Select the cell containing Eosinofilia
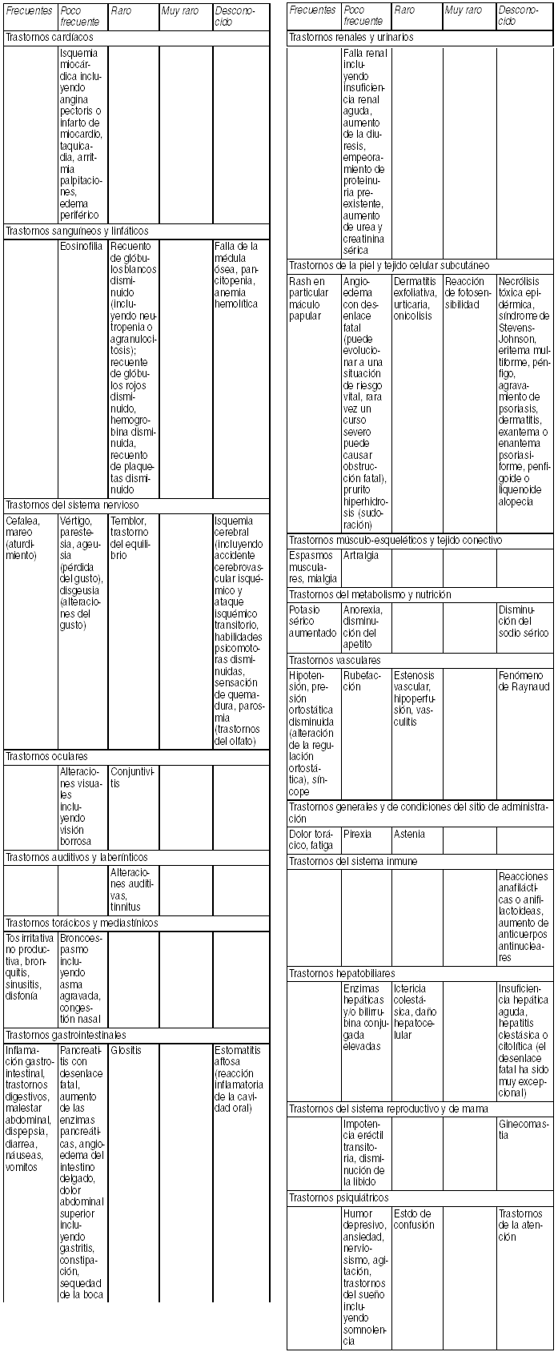(81, 247)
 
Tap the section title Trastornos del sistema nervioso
(72, 505)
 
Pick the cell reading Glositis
(126, 1050)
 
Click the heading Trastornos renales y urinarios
(351, 38)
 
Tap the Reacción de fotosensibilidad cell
(468, 293)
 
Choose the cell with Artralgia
(361, 555)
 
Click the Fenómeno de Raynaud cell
(524, 682)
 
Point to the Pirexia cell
(358, 834)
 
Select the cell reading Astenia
(409, 834)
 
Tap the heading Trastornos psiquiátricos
(339, 1197)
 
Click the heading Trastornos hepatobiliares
(342, 973)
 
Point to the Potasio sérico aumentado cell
(313, 622)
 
